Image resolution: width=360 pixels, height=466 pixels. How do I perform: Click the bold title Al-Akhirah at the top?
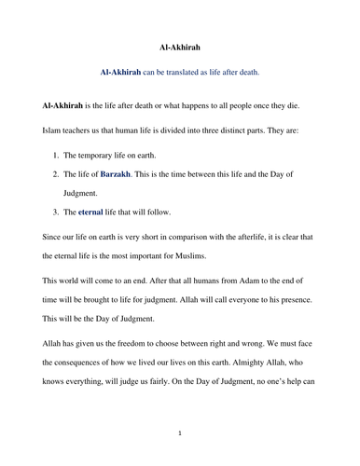point(180,45)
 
